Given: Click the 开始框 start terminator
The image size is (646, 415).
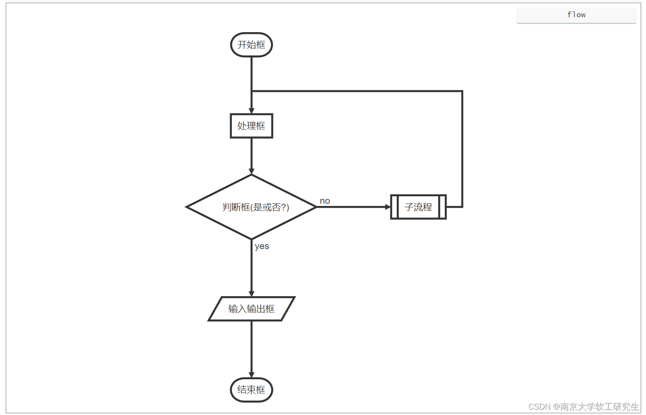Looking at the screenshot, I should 251,45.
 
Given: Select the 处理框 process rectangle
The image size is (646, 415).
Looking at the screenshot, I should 251,126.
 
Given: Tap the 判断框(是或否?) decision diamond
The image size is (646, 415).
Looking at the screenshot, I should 251,207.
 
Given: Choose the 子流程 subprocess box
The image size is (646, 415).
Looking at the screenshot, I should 418,207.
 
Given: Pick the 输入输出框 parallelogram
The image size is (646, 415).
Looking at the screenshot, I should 251,309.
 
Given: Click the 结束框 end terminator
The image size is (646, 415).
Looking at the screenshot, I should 251,390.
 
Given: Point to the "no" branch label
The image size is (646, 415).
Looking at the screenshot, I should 325,201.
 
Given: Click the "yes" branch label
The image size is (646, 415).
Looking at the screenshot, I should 262,246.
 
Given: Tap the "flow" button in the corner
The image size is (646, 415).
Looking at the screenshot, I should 576,15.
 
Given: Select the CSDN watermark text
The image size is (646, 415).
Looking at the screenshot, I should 583,407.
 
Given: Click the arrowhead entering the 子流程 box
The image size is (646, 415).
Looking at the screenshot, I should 388,207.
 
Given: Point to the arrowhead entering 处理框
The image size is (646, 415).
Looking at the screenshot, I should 251,111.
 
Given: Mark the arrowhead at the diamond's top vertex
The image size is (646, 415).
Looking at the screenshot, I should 251,172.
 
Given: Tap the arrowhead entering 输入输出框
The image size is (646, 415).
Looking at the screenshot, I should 251,294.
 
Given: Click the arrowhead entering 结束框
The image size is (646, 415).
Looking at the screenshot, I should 251,375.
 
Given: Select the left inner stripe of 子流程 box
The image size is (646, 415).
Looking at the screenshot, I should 395,207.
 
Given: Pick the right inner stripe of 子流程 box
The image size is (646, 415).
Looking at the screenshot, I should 442,207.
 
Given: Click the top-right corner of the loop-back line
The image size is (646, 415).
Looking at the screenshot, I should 462,91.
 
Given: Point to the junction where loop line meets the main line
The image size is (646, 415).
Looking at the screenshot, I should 251,91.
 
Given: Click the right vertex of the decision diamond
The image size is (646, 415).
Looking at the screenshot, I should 316,207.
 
